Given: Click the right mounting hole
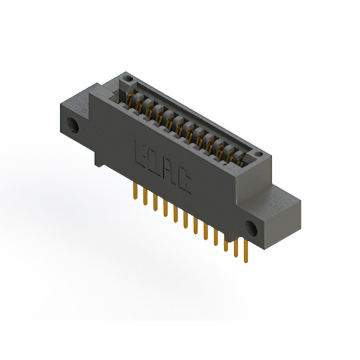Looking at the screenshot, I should [251, 228].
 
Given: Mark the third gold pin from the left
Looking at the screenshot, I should [155, 202].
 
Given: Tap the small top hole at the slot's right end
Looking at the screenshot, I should [257, 154].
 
